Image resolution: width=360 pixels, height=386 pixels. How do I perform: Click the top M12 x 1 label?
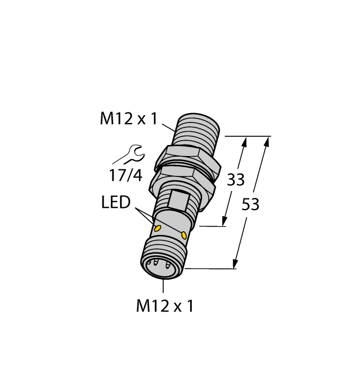coord(128,119)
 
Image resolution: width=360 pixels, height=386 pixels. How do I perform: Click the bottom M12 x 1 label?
coord(165,306)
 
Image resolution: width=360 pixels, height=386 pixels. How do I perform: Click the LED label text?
coord(116,203)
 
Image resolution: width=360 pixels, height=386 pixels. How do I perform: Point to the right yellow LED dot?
coord(184,235)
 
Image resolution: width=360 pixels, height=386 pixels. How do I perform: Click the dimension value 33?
coord(236,179)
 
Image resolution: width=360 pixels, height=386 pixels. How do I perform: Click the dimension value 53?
coord(251,204)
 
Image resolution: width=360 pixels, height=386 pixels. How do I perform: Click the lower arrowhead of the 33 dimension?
coord(225,222)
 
